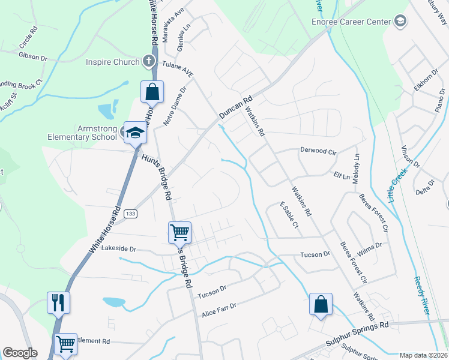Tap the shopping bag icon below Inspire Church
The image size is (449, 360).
click(x=152, y=92)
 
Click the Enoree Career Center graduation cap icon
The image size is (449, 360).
click(x=399, y=22)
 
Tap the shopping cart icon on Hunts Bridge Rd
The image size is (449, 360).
click(x=179, y=232)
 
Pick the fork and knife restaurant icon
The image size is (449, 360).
click(x=58, y=302)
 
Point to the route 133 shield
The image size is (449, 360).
click(x=130, y=214)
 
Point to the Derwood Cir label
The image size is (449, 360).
click(x=318, y=152)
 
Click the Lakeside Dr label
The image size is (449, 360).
click(x=119, y=248)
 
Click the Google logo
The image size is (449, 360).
click(x=20, y=353)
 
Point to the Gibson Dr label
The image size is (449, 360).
click(x=33, y=58)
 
